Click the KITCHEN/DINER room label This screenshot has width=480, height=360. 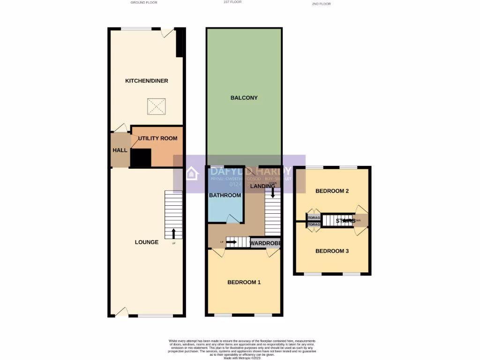click(x=146, y=81)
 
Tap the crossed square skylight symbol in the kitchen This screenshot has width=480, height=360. click(x=156, y=106)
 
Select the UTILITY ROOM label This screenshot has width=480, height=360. click(x=157, y=139)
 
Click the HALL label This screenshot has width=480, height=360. click(x=120, y=150)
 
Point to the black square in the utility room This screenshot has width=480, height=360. click(x=141, y=158)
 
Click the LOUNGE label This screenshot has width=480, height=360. click(x=146, y=242)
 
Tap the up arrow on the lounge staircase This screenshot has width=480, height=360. click(x=174, y=233)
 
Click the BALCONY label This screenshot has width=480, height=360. click(x=244, y=98)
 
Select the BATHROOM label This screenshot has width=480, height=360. click(x=225, y=195)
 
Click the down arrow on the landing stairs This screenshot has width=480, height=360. click(x=273, y=192)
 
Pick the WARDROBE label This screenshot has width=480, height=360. click(x=265, y=244)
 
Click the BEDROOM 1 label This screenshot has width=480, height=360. click(x=244, y=282)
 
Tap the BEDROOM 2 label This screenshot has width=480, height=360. click(x=332, y=191)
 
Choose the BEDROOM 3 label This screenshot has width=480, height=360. click(x=332, y=251)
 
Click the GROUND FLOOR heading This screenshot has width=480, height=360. click(x=144, y=3)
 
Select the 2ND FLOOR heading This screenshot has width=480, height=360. click(x=321, y=4)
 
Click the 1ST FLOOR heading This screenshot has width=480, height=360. click(x=232, y=2)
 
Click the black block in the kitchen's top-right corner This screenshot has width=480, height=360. click(x=180, y=43)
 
